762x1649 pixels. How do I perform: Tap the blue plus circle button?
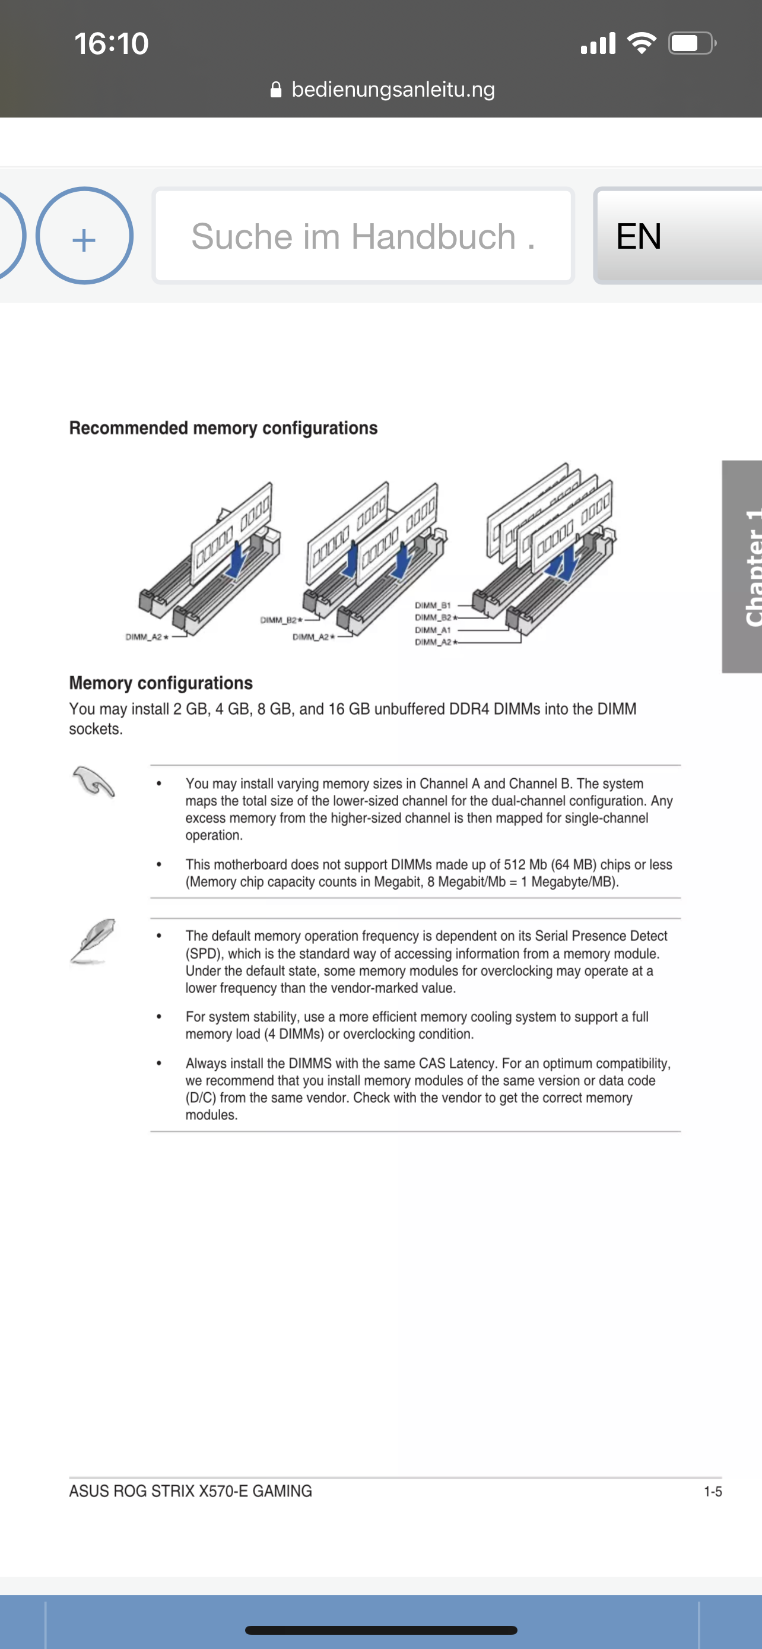84,236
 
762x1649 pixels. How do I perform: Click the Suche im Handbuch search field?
363,236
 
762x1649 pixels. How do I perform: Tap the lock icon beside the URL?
276,90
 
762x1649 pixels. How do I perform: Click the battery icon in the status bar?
691,43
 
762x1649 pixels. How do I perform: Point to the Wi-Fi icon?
641,43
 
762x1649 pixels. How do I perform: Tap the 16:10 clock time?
112,43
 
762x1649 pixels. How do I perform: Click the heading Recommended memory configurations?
223,427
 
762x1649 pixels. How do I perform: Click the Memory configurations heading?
161,683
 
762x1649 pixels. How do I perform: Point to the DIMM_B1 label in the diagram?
433,605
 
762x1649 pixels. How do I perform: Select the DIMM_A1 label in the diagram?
433,630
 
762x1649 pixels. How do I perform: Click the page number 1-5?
713,1492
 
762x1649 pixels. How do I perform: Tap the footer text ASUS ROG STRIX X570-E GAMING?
190,1491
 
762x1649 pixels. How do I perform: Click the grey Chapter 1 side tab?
742,566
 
